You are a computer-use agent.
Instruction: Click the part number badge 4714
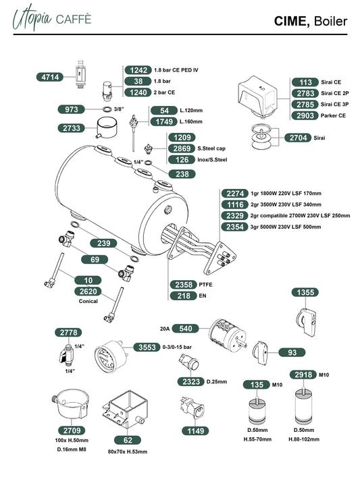pyautogui.click(x=50, y=77)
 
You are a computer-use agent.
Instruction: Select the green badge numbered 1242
pyautogui.click(x=138, y=70)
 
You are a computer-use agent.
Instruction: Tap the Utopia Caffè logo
pyautogui.click(x=52, y=18)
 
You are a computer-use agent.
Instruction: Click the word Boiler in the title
pyautogui.click(x=330, y=21)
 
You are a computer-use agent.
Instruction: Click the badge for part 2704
pyautogui.click(x=298, y=138)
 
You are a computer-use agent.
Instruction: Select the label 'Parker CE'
pyautogui.click(x=333, y=115)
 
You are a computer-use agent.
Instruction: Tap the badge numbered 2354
pyautogui.click(x=234, y=227)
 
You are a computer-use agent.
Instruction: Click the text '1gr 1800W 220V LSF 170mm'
pyautogui.click(x=286, y=193)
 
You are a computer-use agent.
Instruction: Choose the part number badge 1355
pyautogui.click(x=305, y=292)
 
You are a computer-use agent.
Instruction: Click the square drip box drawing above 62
pyautogui.click(x=126, y=409)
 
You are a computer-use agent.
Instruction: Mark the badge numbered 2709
pyautogui.click(x=72, y=431)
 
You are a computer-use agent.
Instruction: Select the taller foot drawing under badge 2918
pyautogui.click(x=303, y=406)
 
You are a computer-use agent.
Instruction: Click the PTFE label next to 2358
pyautogui.click(x=205, y=285)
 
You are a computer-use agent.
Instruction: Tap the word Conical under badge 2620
pyautogui.click(x=88, y=301)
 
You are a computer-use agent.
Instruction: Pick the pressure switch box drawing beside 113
pyautogui.click(x=259, y=96)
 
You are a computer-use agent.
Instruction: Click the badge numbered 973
pyautogui.click(x=71, y=109)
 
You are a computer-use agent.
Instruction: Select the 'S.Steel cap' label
pyautogui.click(x=211, y=148)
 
